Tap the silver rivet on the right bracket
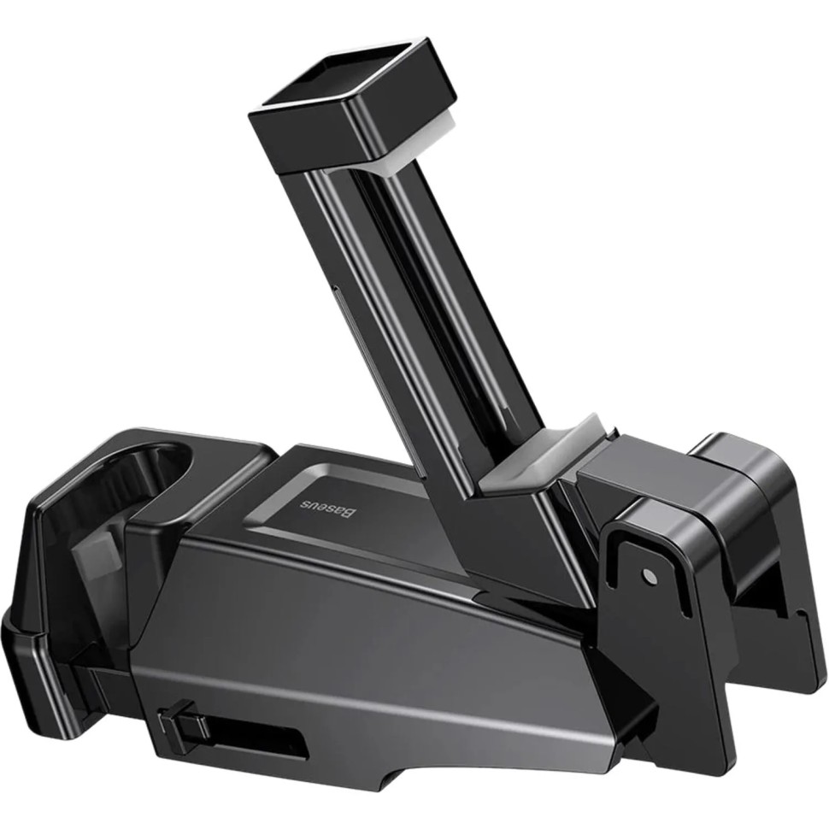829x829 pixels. click(x=650, y=578)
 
